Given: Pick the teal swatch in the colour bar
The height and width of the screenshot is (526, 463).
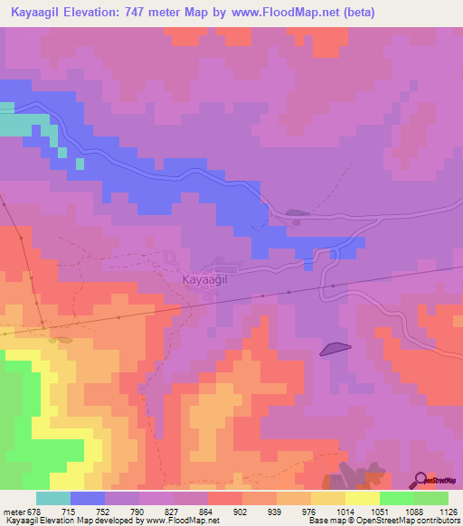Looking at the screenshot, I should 53,498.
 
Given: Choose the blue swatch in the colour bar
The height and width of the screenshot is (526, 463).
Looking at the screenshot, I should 88,498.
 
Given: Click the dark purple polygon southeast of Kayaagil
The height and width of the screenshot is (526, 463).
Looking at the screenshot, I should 335,348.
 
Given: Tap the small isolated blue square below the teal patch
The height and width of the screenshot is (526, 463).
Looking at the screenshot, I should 80,164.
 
